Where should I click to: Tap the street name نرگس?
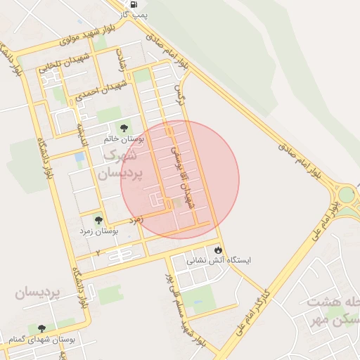(181, 94)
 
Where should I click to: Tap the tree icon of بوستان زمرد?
(98, 220)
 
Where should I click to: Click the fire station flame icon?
(218, 249)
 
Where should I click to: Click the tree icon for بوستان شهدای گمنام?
(41, 328)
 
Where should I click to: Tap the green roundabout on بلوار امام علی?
(347, 195)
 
